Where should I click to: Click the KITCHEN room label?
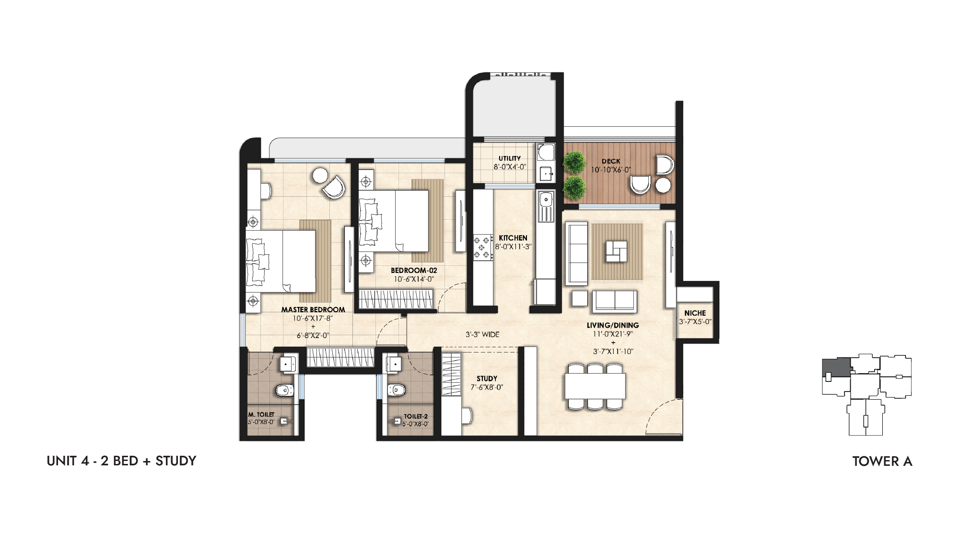[x=513, y=238]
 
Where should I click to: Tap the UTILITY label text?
[x=509, y=158]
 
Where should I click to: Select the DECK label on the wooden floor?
[x=611, y=161]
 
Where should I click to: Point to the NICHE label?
[x=695, y=313]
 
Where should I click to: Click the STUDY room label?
[x=487, y=379]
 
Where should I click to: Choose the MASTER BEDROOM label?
[x=313, y=310]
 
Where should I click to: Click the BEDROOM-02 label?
[x=414, y=271]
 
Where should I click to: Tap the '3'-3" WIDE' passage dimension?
[x=482, y=334]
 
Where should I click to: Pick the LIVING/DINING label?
[x=613, y=325]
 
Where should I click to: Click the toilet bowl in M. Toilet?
[x=284, y=390]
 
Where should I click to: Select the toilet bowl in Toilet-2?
[x=396, y=390]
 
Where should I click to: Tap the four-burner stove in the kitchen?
[x=483, y=247]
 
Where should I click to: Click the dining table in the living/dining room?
[x=595, y=386]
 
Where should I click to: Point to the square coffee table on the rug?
[x=616, y=251]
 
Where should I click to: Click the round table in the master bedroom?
[x=320, y=175]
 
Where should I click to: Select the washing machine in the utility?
[x=546, y=153]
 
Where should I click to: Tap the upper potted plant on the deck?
[x=574, y=163]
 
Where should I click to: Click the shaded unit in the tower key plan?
[x=836, y=367]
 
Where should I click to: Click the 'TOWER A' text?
[x=882, y=462]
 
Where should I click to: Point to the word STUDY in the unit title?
[x=176, y=461]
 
